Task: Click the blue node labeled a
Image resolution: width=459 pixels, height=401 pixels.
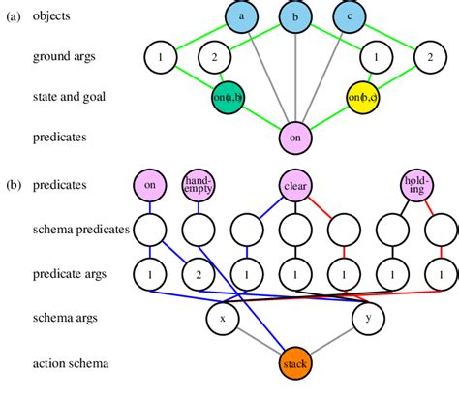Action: click(241, 16)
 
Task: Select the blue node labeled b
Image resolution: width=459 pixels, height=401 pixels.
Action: click(294, 16)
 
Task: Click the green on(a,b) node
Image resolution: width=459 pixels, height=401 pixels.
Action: click(228, 97)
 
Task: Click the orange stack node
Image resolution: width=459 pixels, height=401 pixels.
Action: click(295, 364)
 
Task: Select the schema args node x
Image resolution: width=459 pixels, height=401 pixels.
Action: click(222, 317)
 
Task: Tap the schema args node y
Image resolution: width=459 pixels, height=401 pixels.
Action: click(368, 317)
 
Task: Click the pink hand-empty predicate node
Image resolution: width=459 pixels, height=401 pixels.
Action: click(199, 183)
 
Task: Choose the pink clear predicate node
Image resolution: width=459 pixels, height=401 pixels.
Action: click(295, 183)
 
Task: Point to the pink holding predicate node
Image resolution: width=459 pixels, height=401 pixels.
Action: click(416, 183)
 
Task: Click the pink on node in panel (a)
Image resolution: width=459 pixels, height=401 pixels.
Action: click(294, 138)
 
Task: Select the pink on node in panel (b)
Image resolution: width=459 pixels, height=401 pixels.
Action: click(150, 183)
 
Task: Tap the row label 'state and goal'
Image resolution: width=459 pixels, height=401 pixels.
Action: click(70, 97)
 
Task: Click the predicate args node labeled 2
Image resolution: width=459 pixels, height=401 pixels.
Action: click(199, 274)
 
